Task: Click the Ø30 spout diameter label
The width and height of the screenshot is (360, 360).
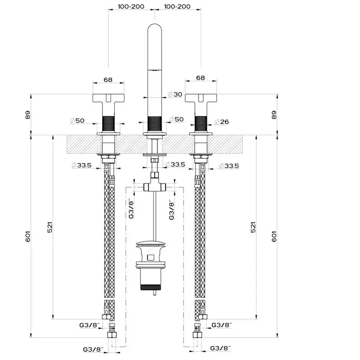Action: (x=175, y=94)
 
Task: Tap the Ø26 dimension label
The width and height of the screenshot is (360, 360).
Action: (x=222, y=122)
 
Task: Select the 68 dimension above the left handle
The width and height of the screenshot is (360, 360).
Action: (x=108, y=80)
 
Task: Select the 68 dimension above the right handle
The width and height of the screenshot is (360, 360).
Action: (x=201, y=78)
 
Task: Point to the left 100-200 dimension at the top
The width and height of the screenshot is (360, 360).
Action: (x=131, y=6)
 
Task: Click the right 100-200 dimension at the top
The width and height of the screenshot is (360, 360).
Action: (x=177, y=6)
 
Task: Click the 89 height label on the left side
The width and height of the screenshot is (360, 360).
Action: (x=28, y=115)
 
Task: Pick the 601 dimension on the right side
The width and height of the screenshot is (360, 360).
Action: (x=274, y=236)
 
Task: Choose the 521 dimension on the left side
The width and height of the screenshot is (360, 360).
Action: (x=50, y=227)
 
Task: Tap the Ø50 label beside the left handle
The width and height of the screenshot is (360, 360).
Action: (x=77, y=120)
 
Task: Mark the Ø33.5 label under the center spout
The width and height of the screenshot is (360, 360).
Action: (x=175, y=165)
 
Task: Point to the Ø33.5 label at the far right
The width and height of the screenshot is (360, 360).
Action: (x=229, y=166)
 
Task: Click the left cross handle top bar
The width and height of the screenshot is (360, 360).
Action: (x=109, y=98)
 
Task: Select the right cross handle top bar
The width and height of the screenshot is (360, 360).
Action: (x=201, y=98)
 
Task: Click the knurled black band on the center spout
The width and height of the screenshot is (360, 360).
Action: (x=154, y=124)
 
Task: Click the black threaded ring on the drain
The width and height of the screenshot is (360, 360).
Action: (x=151, y=287)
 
